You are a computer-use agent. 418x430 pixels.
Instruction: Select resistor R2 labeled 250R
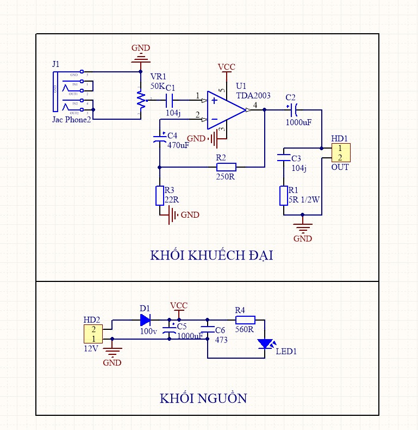point(226,167)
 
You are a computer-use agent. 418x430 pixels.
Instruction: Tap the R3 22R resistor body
point(160,195)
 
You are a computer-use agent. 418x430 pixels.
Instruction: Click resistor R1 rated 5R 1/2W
point(283,196)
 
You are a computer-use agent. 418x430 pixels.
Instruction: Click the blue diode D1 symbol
point(145,320)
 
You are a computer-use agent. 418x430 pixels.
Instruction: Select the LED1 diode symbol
point(265,343)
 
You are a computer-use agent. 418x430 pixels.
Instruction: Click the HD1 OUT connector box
point(340,152)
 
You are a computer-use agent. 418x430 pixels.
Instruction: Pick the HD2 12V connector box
point(93,334)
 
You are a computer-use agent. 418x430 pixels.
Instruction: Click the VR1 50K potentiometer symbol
point(141,100)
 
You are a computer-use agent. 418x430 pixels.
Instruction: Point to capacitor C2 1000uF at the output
point(292,110)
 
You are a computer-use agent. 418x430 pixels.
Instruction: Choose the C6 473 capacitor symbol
point(207,329)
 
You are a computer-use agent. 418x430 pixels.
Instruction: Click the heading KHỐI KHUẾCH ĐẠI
point(211,256)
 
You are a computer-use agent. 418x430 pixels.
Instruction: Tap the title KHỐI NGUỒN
point(203,398)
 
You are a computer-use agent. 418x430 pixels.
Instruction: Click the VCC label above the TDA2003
point(227,67)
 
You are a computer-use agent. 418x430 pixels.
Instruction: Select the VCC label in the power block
point(179,305)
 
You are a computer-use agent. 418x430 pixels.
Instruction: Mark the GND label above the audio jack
point(141,47)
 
